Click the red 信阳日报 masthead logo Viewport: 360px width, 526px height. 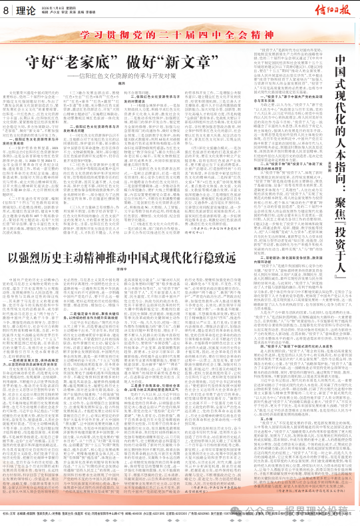pos(331,10)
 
